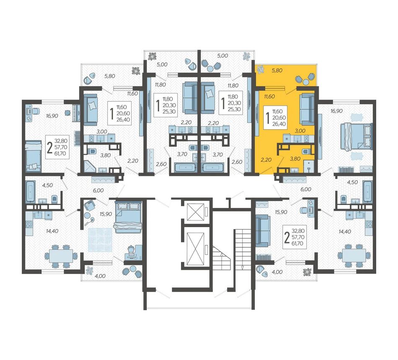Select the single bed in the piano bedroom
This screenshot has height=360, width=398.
pyautogui.click(x=34, y=155)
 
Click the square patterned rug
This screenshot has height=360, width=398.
pyautogui.click(x=100, y=240)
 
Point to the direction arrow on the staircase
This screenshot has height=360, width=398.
pyautogui.click(x=242, y=267)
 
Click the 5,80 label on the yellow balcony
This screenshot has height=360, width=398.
pyautogui.click(x=277, y=70)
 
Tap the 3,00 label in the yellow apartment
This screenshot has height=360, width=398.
pyautogui.click(x=300, y=131)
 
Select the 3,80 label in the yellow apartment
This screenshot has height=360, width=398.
pyautogui.click(x=295, y=159)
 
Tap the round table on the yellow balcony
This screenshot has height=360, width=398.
pyautogui.click(x=306, y=82)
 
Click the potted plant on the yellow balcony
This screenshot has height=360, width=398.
pyautogui.click(x=261, y=69)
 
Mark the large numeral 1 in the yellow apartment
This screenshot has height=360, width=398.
pyautogui.click(x=268, y=117)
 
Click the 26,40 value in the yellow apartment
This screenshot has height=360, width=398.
pyautogui.click(x=279, y=124)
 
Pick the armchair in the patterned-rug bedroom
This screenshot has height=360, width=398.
pyautogui.click(x=89, y=205)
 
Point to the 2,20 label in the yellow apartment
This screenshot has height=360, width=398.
pyautogui.click(x=266, y=160)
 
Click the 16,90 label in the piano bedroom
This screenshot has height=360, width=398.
pyautogui.click(x=52, y=116)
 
